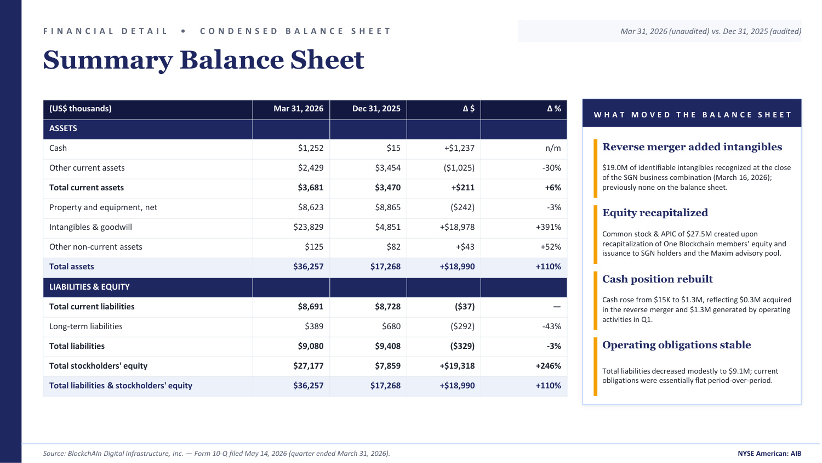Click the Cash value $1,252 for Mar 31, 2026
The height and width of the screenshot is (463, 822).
pyautogui.click(x=311, y=148)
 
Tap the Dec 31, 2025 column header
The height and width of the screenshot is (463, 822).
pyautogui.click(x=376, y=109)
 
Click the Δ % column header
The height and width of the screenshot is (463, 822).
pyautogui.click(x=553, y=109)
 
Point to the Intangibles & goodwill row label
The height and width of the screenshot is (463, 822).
pyautogui.click(x=90, y=227)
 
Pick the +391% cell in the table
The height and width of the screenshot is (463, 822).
pyautogui.click(x=548, y=227)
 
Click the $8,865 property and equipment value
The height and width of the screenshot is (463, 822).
pyautogui.click(x=387, y=207)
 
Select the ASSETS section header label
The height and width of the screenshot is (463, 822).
pyautogui.click(x=63, y=128)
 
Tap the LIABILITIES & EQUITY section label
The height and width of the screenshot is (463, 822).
pyautogui.click(x=89, y=286)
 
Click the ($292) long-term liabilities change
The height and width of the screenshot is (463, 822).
pyautogui.click(x=463, y=326)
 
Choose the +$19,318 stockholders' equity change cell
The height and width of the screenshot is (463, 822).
pyautogui.click(x=457, y=366)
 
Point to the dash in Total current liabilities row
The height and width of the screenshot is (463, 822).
pyautogui.click(x=557, y=307)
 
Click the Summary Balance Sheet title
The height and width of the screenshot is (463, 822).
pyautogui.click(x=204, y=60)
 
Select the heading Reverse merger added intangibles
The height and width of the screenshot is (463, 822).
pyautogui.click(x=692, y=147)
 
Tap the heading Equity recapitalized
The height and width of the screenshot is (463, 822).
pyautogui.click(x=655, y=213)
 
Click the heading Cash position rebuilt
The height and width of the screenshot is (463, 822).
pyautogui.click(x=657, y=279)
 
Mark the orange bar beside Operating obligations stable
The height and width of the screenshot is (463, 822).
pyautogui.click(x=595, y=366)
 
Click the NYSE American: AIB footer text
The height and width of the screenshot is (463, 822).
pyautogui.click(x=769, y=454)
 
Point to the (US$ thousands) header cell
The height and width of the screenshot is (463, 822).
pyautogui.click(x=81, y=109)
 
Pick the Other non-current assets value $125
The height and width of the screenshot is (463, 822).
pyautogui.click(x=314, y=247)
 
